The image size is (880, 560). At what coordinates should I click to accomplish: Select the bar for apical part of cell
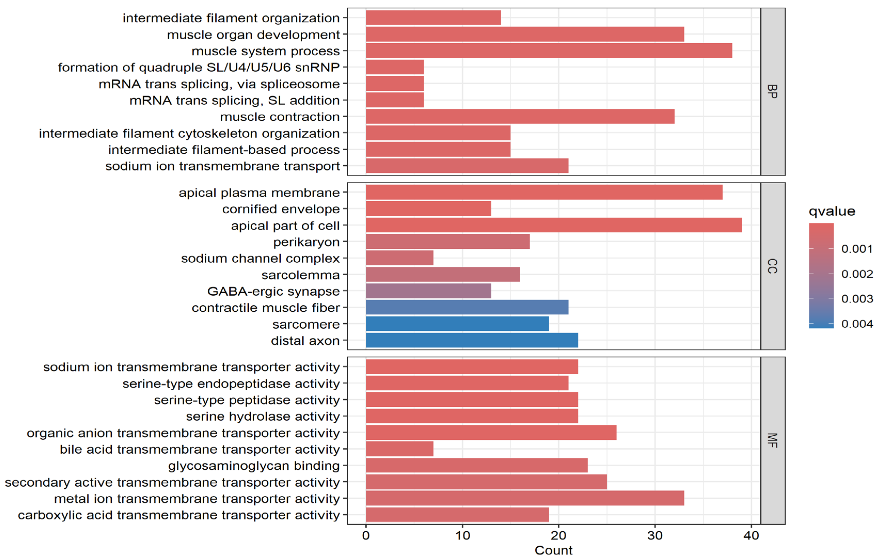(x=553, y=225)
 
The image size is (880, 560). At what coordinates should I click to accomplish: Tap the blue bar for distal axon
(x=472, y=340)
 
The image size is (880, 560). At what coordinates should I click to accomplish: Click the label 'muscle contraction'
(x=280, y=117)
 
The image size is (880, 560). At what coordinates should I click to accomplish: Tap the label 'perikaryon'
(x=306, y=242)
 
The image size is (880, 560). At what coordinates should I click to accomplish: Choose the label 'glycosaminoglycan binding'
(x=254, y=466)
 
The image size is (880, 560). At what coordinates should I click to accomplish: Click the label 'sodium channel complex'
(x=260, y=258)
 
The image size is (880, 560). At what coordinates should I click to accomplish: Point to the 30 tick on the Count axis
(x=655, y=535)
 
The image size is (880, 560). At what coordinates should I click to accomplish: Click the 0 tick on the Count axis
(x=366, y=535)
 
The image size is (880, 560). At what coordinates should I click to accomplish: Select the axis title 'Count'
(x=553, y=550)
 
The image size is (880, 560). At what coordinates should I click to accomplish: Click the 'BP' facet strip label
(x=772, y=91)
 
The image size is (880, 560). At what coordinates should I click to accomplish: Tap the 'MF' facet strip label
(x=772, y=440)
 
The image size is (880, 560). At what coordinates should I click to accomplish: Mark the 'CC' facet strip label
(x=772, y=266)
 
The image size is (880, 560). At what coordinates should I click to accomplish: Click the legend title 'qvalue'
(x=832, y=211)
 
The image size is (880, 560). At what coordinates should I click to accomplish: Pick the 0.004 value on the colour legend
(x=857, y=324)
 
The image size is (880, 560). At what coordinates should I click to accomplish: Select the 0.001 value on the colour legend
(x=857, y=249)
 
